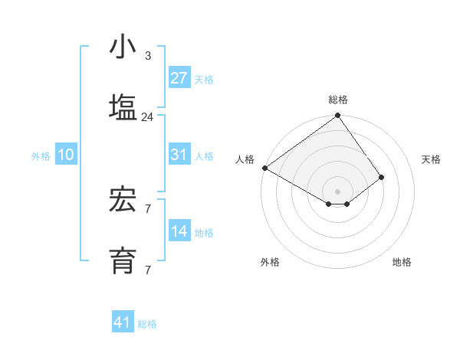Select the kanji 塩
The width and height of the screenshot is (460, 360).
click(x=123, y=108)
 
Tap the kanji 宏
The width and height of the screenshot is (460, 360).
click(x=123, y=200)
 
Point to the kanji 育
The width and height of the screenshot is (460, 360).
click(x=123, y=261)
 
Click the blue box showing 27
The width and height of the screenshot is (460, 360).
click(x=179, y=78)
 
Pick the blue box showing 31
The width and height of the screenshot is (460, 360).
click(x=179, y=155)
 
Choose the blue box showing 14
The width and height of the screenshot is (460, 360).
click(x=179, y=231)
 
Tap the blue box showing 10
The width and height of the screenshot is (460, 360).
click(x=66, y=155)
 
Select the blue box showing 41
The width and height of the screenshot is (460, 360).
click(x=123, y=322)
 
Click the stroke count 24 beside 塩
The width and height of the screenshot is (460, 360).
click(x=147, y=117)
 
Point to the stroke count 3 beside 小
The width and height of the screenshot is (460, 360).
click(x=147, y=56)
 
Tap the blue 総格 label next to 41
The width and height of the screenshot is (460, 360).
click(x=147, y=324)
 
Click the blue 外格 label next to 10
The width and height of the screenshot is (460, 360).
click(x=41, y=156)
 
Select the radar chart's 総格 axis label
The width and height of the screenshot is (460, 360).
click(x=338, y=100)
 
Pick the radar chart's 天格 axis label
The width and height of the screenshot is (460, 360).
click(x=431, y=159)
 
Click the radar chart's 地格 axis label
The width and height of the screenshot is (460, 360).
click(x=402, y=262)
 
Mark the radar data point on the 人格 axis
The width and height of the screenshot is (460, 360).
click(x=264, y=168)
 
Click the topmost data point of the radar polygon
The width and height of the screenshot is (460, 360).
click(x=338, y=116)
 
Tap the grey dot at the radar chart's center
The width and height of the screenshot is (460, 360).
click(x=338, y=191)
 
